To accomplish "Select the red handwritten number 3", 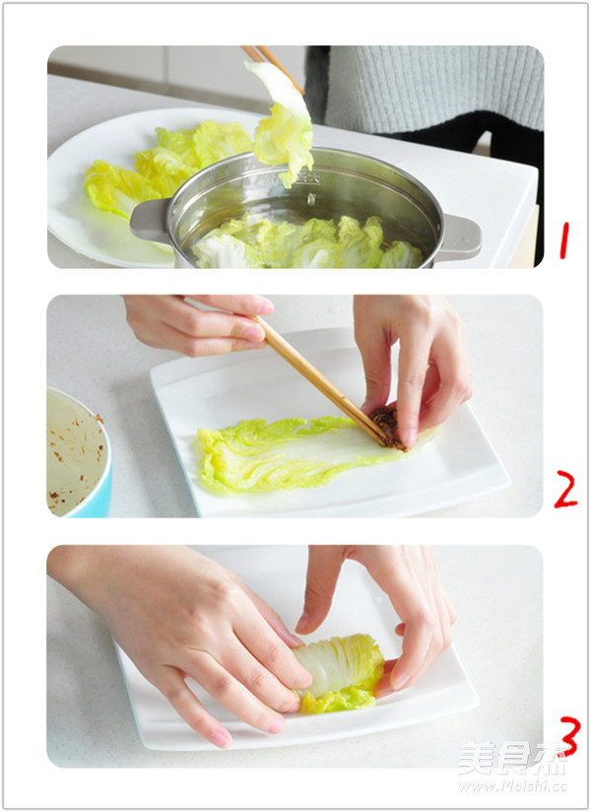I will pyautogui.click(x=567, y=736).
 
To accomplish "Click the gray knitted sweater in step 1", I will pyautogui.click(x=433, y=89).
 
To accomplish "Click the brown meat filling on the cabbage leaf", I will pyautogui.click(x=390, y=428).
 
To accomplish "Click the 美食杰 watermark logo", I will pyautogui.click(x=511, y=759).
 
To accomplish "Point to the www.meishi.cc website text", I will pyautogui.click(x=512, y=786).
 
